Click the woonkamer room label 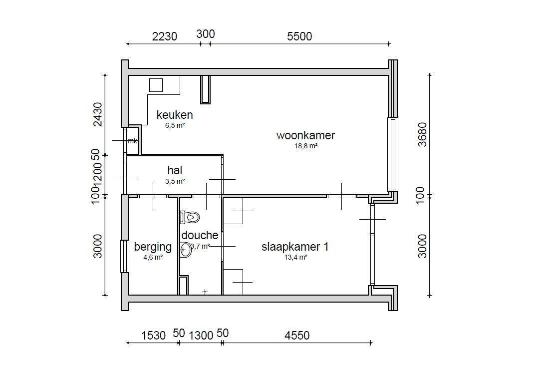tap(305, 135)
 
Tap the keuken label tap(175, 115)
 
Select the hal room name tap(175, 170)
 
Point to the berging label tap(153, 247)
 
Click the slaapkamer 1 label tap(295, 247)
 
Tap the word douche tap(200, 235)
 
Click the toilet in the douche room tap(190, 218)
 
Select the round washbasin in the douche tap(186, 250)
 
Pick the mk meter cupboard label tap(133, 141)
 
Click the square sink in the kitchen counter tap(156, 85)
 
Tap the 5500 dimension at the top tap(299, 36)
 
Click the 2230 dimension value tap(165, 36)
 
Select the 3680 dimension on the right tap(422, 135)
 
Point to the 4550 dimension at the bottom tap(297, 336)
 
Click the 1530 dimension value tap(154, 336)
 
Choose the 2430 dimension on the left tap(98, 114)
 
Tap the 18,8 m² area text tap(306, 146)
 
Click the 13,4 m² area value tap(296, 258)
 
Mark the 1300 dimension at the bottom tap(201, 336)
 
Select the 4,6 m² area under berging tap(153, 258)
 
